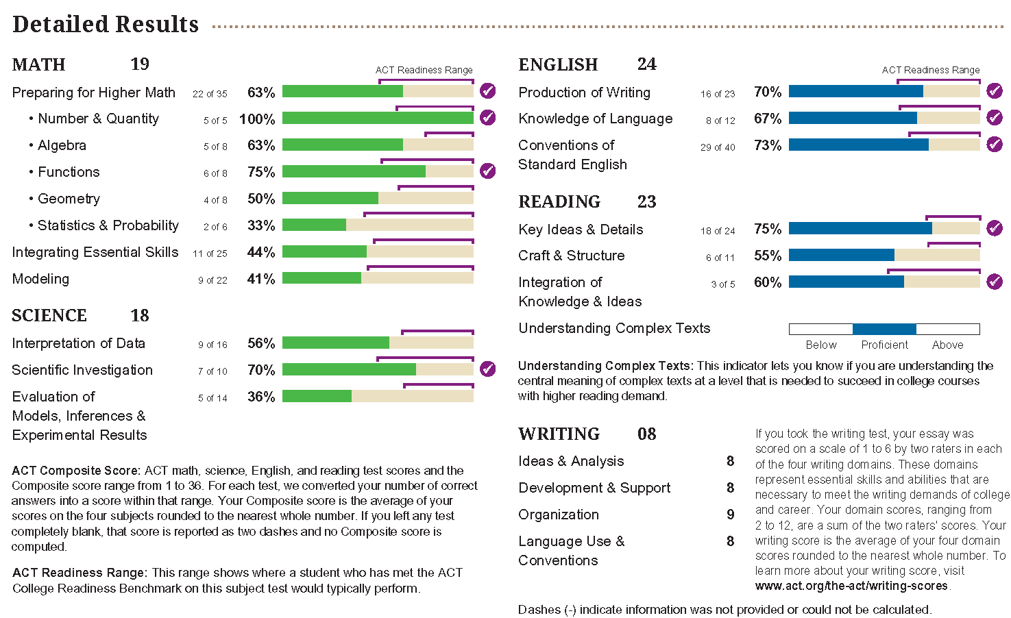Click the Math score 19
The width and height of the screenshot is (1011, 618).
[x=140, y=64]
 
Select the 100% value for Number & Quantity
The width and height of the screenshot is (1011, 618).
[x=257, y=119]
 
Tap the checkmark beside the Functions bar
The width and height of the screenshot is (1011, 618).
[x=487, y=171]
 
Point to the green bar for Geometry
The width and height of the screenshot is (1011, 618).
[x=330, y=199]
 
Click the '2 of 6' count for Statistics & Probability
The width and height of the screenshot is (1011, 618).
[x=215, y=227]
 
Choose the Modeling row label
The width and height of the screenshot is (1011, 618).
[x=41, y=279]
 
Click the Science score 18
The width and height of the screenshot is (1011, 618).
[x=140, y=316]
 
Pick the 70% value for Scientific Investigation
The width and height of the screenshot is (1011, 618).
[x=261, y=371]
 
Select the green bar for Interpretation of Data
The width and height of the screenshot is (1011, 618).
[x=336, y=343]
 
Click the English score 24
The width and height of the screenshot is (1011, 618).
[x=646, y=64]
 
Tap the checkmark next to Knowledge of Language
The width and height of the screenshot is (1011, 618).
[x=994, y=118]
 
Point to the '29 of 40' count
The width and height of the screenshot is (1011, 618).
[x=718, y=147]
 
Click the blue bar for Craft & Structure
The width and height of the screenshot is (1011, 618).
[x=842, y=256]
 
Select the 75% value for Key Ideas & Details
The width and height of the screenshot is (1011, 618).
[x=768, y=230]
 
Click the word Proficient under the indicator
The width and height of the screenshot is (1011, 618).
[x=884, y=345]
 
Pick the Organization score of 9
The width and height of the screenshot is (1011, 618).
[x=731, y=515]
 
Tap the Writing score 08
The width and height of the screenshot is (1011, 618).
[x=646, y=434]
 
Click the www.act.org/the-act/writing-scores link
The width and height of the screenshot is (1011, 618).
[x=852, y=586]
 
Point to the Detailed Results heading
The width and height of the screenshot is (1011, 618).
[x=106, y=25]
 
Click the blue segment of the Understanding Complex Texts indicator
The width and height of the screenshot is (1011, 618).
[x=884, y=329]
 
